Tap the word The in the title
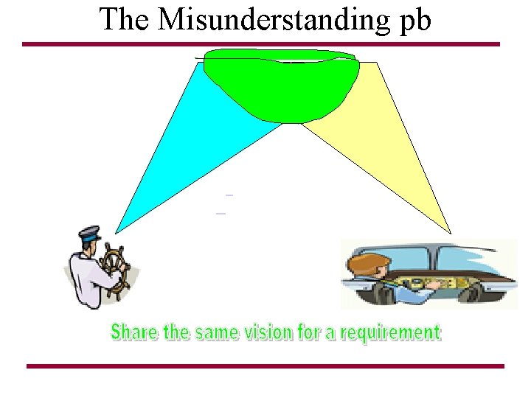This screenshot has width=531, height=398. (x=124, y=20)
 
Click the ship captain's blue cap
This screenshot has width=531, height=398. (x=89, y=235)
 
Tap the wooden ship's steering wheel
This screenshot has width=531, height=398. (x=115, y=270)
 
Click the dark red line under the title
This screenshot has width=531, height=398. (x=261, y=44)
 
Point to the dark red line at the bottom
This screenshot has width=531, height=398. (x=265, y=366)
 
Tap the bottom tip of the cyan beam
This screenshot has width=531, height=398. (x=117, y=231)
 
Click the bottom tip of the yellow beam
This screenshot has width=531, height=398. (x=449, y=231)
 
